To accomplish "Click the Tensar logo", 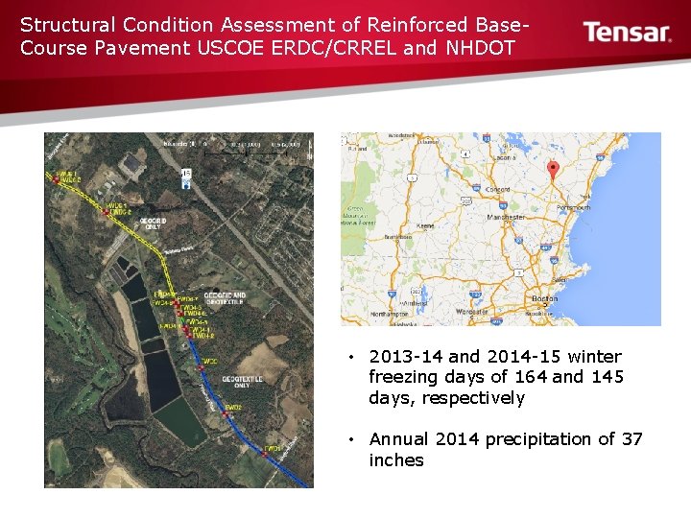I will (627, 33).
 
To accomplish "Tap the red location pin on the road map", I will (552, 170).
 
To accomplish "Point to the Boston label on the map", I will (543, 299).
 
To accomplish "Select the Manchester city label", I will (506, 218).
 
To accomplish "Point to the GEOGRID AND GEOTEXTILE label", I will (226, 299).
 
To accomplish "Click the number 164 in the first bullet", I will (531, 377).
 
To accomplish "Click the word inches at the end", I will (395, 460).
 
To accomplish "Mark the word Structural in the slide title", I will (61, 24).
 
